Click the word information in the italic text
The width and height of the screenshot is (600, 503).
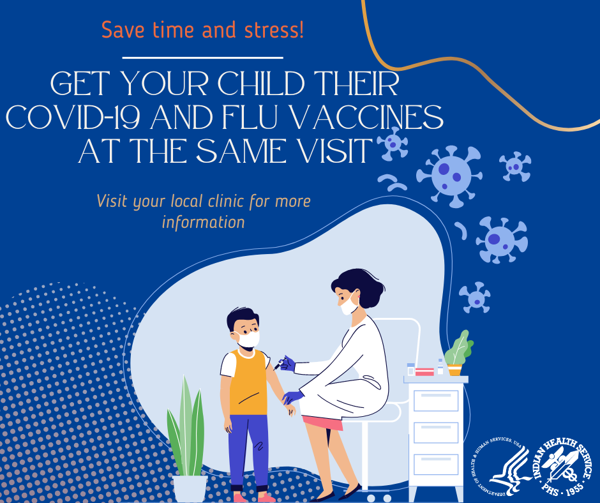(203, 222)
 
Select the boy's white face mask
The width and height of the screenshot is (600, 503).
(249, 339)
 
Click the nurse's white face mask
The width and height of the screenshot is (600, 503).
(349, 307)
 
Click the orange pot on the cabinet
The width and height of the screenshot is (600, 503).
(454, 370)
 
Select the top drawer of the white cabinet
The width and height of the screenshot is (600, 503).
(436, 400)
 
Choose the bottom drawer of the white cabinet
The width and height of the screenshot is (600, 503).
(436, 464)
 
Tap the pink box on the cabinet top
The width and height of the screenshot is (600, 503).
(424, 372)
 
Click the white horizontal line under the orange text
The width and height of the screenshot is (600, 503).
(202, 57)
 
